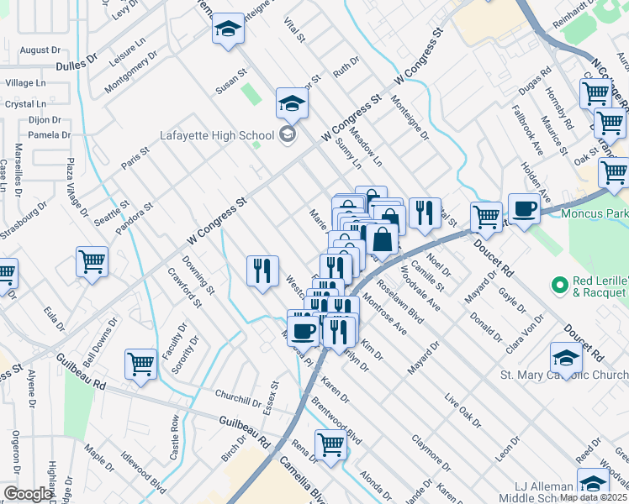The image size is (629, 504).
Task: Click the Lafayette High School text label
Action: coord(218,135)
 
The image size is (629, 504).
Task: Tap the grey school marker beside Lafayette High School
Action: coord(288,134)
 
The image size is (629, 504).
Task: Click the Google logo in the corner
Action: coord(28,494)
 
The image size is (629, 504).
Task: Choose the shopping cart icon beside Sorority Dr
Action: coord(140,365)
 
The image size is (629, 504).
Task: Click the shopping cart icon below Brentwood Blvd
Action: coord(331,445)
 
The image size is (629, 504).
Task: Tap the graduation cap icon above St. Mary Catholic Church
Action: coord(567,359)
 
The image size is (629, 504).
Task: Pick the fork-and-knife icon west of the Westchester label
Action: coord(262,270)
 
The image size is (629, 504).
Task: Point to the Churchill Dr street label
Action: coord(238,398)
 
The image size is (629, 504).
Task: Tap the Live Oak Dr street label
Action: coord(460,408)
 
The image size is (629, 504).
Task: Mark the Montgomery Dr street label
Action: coord(131,72)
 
